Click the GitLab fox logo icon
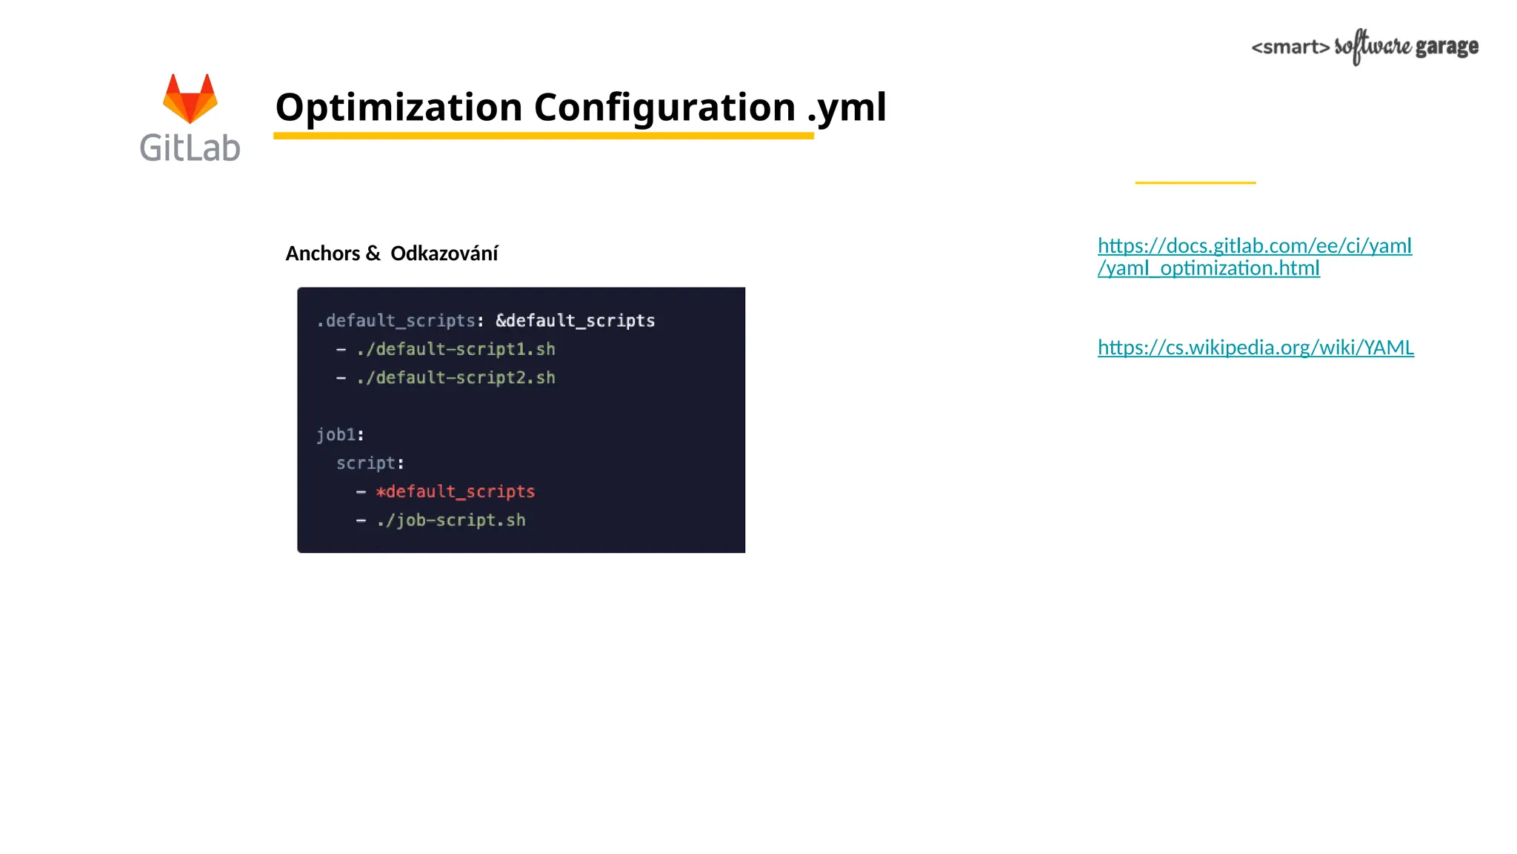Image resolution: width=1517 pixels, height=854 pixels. click(190, 98)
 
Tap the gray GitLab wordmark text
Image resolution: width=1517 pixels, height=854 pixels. click(190, 148)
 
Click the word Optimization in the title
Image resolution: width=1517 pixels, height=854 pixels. click(399, 107)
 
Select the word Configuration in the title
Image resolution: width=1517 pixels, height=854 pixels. click(664, 107)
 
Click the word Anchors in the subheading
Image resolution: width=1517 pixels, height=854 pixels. click(323, 254)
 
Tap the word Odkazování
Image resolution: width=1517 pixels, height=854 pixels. click(444, 254)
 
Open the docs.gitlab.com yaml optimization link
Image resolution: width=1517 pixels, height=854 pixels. click(1254, 256)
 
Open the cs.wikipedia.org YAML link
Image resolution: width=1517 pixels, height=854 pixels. click(1256, 348)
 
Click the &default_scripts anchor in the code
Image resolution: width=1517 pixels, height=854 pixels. click(575, 321)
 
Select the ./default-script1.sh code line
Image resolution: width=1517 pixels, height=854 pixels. click(456, 349)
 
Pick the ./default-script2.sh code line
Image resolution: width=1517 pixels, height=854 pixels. click(456, 378)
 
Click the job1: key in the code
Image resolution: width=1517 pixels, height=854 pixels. click(340, 435)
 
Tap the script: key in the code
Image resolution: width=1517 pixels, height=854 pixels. click(370, 463)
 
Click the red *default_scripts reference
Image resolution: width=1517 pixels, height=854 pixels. click(455, 491)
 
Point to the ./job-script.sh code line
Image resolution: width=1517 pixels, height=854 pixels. click(450, 520)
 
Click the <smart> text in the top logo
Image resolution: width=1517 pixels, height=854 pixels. click(1290, 47)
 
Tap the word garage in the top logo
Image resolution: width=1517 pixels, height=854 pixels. click(1447, 47)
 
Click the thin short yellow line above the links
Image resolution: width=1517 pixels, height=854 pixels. click(1195, 182)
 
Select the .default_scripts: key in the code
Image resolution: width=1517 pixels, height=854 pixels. click(399, 321)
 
